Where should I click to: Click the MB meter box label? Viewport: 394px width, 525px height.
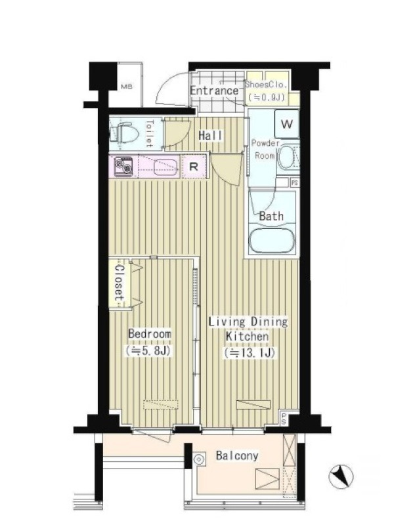point(127,87)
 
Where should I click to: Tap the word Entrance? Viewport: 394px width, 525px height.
point(215,91)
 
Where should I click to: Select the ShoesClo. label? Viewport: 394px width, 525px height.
point(267,85)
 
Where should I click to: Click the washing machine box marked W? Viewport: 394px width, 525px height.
point(287,124)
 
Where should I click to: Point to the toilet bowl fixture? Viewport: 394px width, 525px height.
point(124,134)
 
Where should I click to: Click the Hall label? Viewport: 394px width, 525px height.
point(210,136)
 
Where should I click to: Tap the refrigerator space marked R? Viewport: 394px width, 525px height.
point(194,167)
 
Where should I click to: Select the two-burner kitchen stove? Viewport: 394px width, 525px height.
point(123,167)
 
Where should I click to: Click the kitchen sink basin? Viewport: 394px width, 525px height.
point(165,167)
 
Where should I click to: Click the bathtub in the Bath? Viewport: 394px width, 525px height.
point(272,240)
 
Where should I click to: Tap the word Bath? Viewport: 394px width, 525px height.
point(271,216)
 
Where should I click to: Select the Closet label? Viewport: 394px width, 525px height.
point(120,283)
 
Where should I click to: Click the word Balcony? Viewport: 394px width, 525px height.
point(237,455)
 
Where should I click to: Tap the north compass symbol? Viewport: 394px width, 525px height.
point(341,476)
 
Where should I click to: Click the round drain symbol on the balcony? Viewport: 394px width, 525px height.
point(199,459)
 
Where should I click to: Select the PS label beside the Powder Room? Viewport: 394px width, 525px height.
point(294,183)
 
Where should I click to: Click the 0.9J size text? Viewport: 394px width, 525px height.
point(267,97)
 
